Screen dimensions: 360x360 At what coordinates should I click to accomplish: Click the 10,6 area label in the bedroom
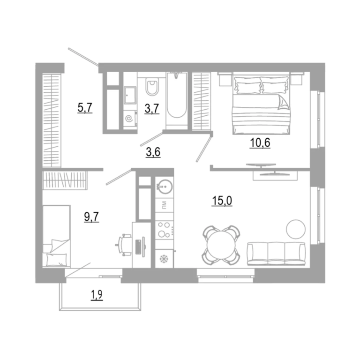click(260, 143)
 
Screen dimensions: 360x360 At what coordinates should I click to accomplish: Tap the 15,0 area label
click(222, 201)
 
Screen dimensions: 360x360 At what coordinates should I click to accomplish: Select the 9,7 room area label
click(91, 217)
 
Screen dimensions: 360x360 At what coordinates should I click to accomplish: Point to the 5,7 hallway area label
click(85, 108)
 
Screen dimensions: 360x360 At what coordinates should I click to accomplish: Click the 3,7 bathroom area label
click(152, 109)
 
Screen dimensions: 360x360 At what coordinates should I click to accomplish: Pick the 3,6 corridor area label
click(153, 152)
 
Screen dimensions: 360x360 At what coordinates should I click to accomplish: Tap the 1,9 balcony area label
click(97, 295)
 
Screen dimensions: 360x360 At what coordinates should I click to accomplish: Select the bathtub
click(177, 99)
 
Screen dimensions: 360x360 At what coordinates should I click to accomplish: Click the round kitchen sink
click(165, 186)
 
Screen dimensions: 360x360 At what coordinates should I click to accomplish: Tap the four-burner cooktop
click(165, 230)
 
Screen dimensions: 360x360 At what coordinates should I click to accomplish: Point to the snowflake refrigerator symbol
click(164, 259)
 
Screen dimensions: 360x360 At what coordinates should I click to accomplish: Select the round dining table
click(221, 245)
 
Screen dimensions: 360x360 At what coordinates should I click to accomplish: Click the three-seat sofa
click(276, 254)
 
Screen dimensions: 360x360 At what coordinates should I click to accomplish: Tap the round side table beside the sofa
click(296, 229)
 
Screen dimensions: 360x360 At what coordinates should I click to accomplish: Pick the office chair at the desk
click(124, 245)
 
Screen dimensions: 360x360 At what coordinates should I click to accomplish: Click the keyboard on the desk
click(139, 247)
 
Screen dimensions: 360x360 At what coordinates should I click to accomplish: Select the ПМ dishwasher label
click(165, 205)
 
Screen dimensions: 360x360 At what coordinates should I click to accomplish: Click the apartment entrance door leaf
click(83, 57)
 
